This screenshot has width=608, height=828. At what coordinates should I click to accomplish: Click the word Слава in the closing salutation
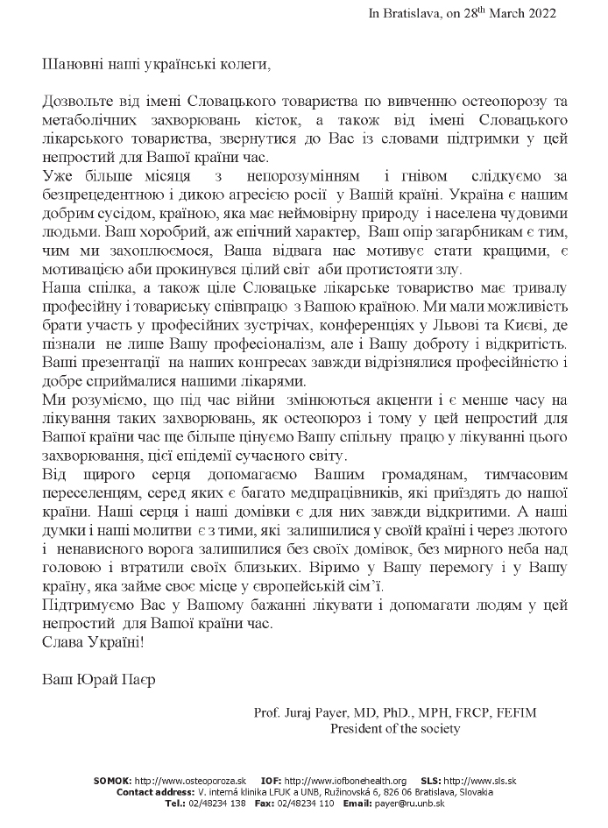(60, 640)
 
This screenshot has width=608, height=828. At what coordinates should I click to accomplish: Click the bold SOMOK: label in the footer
(113, 780)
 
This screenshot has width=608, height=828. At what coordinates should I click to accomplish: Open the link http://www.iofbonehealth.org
(346, 780)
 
